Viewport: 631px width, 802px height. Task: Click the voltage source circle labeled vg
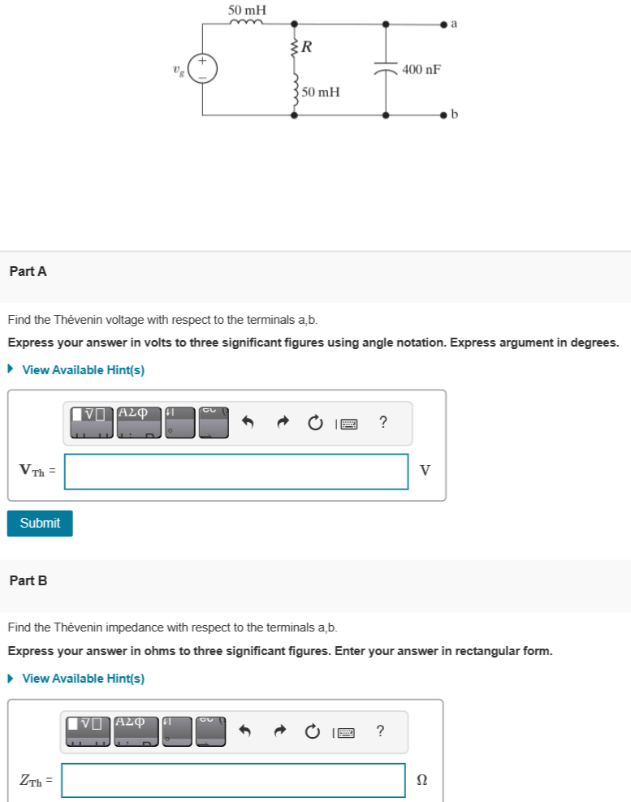pos(202,68)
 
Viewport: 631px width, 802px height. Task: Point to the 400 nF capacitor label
pos(421,70)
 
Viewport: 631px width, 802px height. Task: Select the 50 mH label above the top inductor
pos(247,10)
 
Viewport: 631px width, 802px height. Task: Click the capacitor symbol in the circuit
pos(386,70)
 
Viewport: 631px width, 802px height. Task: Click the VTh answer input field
pos(236,471)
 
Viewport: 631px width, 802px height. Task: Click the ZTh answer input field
pos(233,780)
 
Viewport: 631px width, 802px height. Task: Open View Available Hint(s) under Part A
pos(83,369)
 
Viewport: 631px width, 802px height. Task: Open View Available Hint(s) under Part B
pos(83,678)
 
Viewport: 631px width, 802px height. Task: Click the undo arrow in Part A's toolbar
pos(249,423)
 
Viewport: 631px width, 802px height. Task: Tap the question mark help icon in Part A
pos(383,422)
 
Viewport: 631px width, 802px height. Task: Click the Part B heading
pos(28,580)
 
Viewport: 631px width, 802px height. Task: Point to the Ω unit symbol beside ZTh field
pos(421,780)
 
